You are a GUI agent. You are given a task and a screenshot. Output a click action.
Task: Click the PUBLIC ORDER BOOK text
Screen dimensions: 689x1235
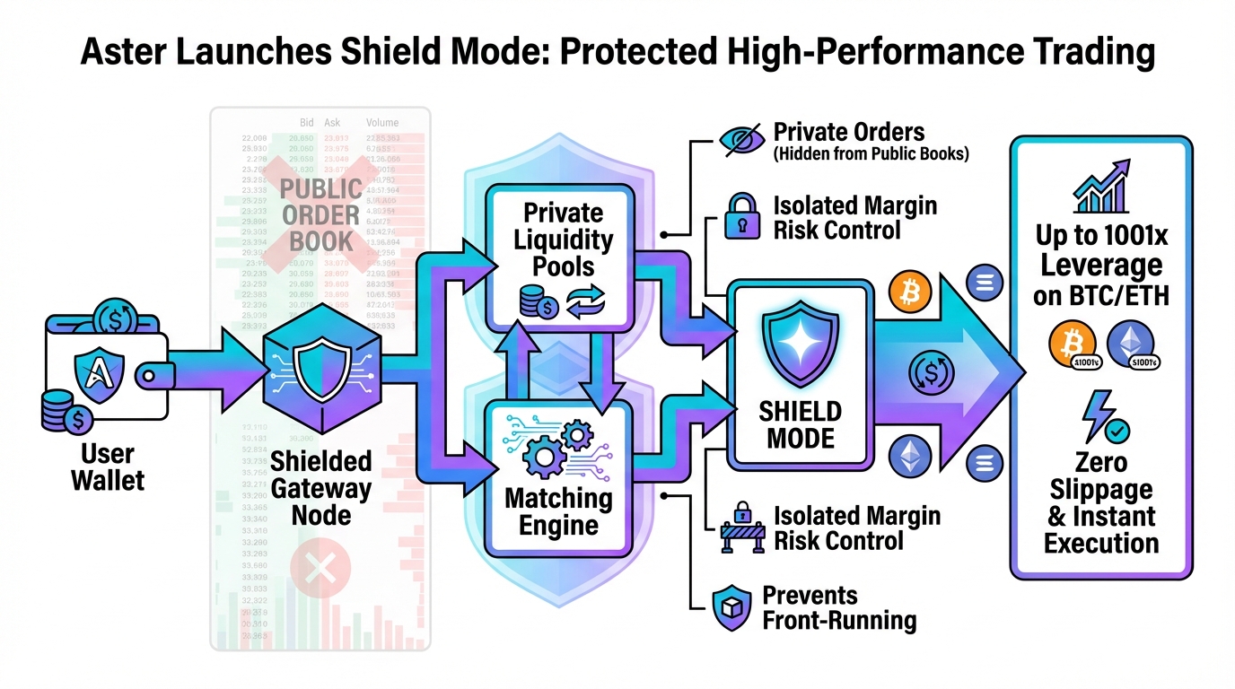coord(320,216)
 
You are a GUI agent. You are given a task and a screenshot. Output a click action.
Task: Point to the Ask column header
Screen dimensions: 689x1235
coord(334,123)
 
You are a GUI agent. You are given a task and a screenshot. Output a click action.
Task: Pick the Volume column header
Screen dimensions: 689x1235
coord(382,123)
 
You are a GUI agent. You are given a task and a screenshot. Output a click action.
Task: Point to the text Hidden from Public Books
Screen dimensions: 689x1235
coord(871,153)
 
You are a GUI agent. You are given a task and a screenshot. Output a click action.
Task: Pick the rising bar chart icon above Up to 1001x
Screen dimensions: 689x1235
coord(1103,188)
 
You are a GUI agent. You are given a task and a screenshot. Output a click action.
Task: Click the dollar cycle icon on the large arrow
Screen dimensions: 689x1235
coord(928,372)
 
